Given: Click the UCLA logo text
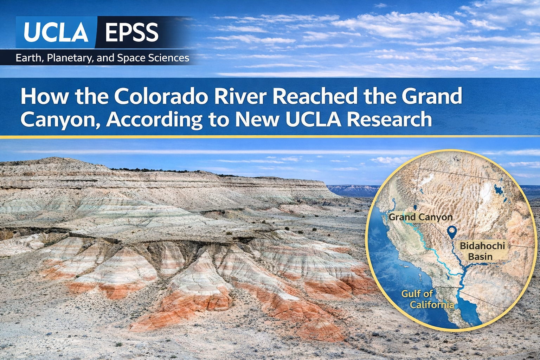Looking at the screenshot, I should pyautogui.click(x=56, y=32).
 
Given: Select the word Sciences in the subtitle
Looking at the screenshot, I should pyautogui.click(x=168, y=58).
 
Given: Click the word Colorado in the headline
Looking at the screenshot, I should pyautogui.click(x=161, y=96).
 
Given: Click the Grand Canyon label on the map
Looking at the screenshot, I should pyautogui.click(x=420, y=217).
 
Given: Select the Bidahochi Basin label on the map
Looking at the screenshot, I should pyautogui.click(x=482, y=251).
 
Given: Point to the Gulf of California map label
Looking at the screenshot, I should pyautogui.click(x=427, y=299).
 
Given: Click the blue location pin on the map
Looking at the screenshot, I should pyautogui.click(x=452, y=232).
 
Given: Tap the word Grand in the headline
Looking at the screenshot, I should pyautogui.click(x=432, y=96).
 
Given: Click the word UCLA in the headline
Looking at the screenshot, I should pyautogui.click(x=313, y=120).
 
